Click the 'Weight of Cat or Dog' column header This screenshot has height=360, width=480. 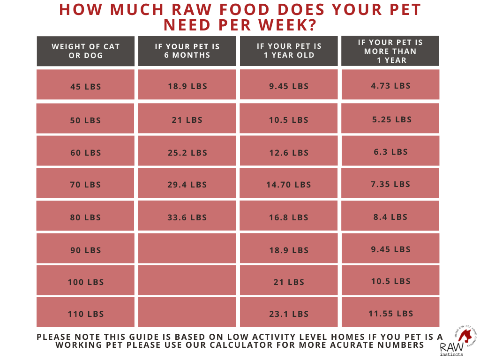(x=85, y=51)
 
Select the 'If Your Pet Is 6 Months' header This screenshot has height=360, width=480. (x=187, y=51)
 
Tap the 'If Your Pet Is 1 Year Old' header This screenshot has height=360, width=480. (x=289, y=51)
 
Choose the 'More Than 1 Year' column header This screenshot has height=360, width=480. (x=390, y=51)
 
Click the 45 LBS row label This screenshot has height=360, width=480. (x=85, y=87)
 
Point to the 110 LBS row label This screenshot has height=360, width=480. (x=85, y=314)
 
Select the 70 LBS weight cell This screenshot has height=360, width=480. (x=85, y=185)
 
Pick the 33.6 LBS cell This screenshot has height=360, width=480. (x=187, y=217)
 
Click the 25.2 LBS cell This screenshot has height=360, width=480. (x=187, y=153)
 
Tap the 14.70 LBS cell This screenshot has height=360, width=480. (x=289, y=185)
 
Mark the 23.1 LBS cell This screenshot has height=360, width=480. (x=289, y=314)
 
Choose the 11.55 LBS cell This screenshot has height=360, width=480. (x=390, y=314)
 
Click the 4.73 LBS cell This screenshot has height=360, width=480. (x=390, y=86)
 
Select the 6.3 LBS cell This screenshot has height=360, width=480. (x=390, y=152)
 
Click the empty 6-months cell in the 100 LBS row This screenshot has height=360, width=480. (x=187, y=282)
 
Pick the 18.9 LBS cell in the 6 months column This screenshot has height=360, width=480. (x=187, y=86)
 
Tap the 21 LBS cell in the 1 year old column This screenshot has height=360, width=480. (x=289, y=282)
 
